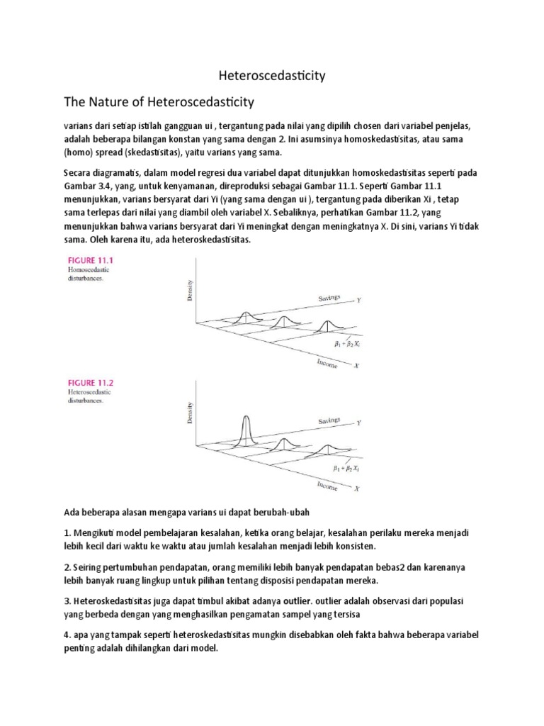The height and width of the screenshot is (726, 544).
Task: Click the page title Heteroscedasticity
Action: click(271, 76)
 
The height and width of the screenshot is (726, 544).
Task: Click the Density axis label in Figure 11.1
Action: click(189, 291)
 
